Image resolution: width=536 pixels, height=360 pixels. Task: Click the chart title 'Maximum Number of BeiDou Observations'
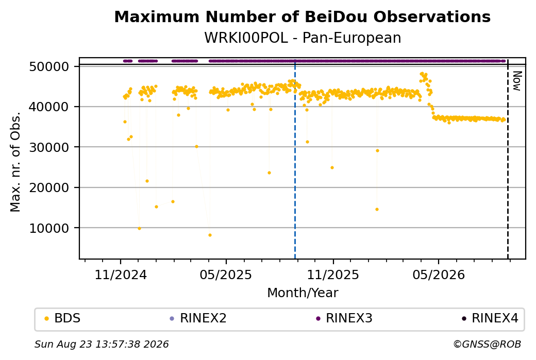click(x=302, y=16)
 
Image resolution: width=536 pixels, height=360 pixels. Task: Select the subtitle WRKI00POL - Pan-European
click(x=303, y=38)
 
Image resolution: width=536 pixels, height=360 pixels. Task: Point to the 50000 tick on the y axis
click(x=49, y=66)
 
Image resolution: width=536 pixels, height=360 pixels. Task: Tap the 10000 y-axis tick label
click(x=49, y=228)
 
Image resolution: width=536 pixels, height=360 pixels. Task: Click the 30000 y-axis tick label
click(x=49, y=147)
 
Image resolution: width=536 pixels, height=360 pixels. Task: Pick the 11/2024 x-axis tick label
click(x=120, y=275)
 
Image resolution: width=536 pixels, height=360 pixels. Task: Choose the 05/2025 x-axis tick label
click(x=226, y=275)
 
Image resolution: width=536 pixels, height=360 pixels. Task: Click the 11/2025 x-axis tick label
click(x=333, y=275)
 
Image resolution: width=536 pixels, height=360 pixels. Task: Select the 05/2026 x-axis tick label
click(x=439, y=275)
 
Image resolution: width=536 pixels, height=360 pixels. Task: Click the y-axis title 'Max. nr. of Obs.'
click(x=15, y=162)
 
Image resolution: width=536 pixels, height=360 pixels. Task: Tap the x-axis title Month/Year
click(x=303, y=293)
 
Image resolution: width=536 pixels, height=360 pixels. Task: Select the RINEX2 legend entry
click(x=198, y=318)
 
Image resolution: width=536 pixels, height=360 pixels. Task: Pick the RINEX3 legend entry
click(x=344, y=318)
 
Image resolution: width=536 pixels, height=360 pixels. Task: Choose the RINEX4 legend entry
click(x=490, y=318)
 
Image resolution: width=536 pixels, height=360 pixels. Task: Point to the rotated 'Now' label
click(x=517, y=81)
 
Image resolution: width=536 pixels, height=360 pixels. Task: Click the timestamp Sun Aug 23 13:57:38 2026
click(x=102, y=344)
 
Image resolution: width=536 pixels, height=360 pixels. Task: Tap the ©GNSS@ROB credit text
click(x=487, y=344)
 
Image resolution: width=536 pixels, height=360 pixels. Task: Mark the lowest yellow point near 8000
click(x=210, y=235)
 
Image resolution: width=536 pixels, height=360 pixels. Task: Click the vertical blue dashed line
click(x=295, y=159)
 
